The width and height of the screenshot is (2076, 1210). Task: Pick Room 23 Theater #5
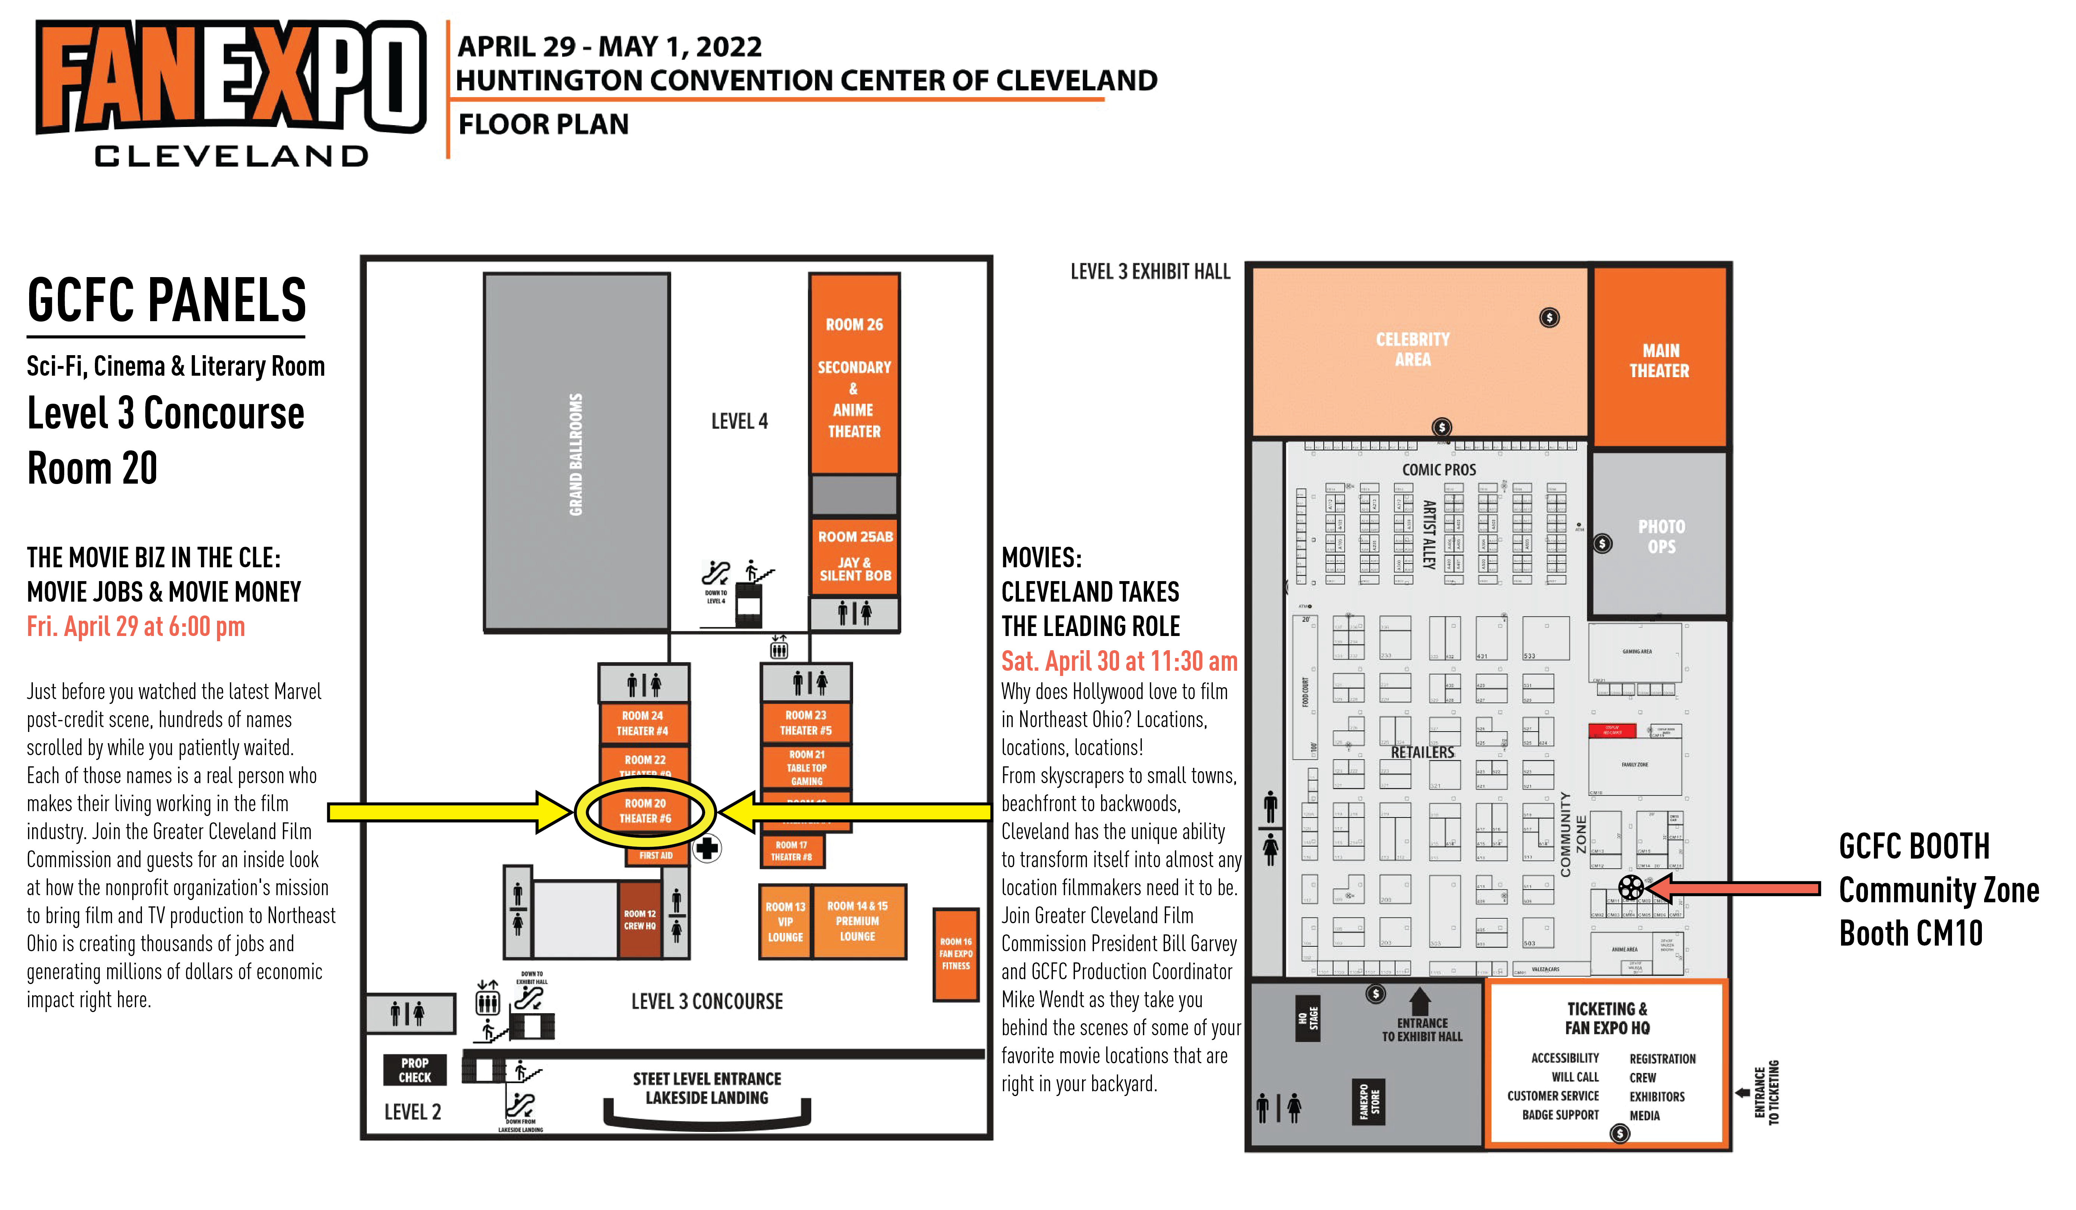(x=806, y=722)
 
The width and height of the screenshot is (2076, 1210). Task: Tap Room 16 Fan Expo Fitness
(x=955, y=954)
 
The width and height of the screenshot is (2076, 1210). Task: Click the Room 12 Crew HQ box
(x=639, y=920)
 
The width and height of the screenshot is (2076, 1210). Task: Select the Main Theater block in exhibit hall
(x=1659, y=360)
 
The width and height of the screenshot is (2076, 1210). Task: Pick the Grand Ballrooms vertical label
(x=576, y=454)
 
